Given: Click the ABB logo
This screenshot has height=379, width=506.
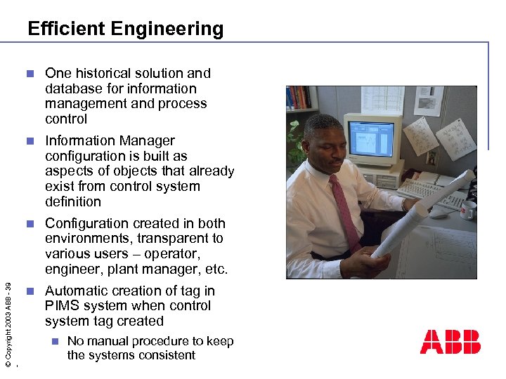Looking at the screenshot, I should [450, 342].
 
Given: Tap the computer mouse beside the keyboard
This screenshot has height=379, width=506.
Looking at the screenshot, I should [439, 213].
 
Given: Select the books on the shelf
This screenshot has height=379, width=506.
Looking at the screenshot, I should [298, 98].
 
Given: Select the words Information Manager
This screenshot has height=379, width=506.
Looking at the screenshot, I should [110, 141].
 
